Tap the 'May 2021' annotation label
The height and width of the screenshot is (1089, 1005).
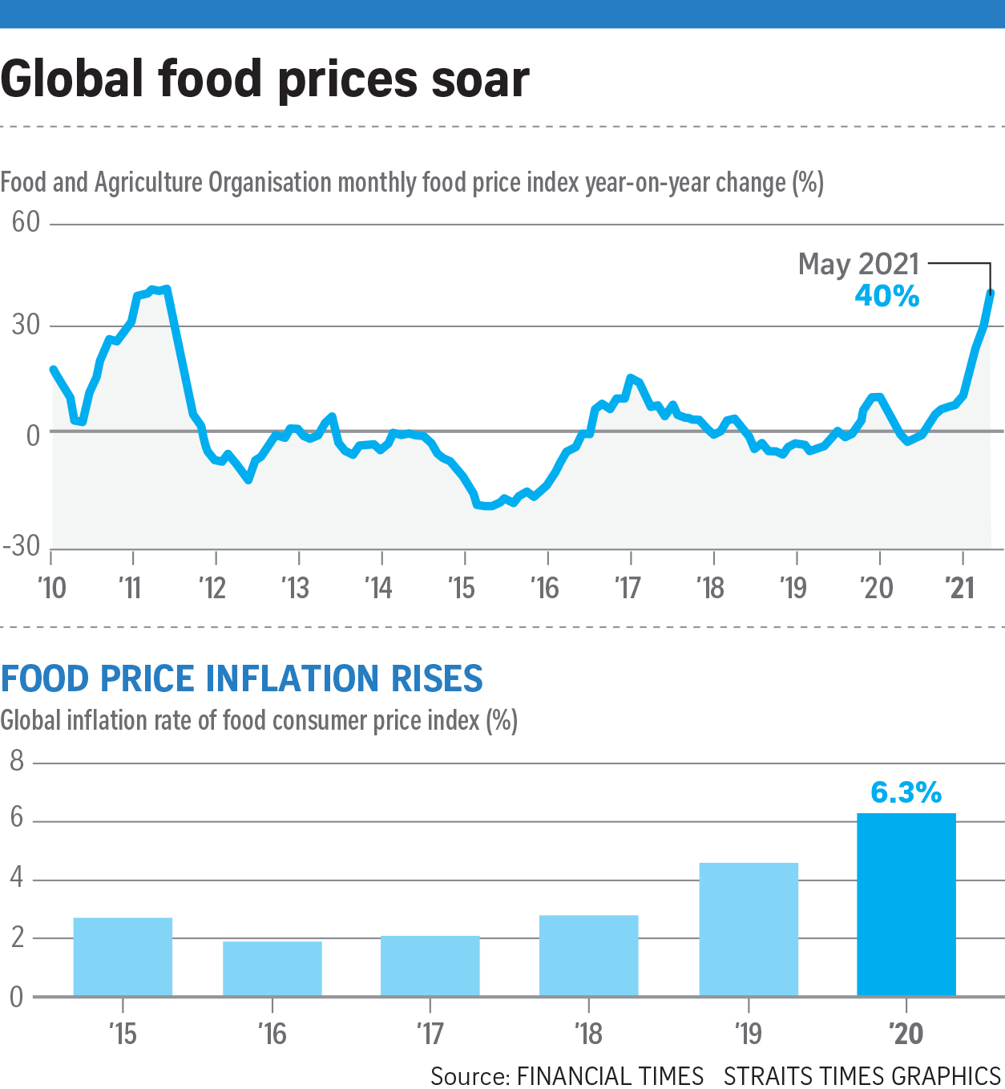[x=858, y=264]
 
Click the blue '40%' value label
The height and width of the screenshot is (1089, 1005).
[x=886, y=296]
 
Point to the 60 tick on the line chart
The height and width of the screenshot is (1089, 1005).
[x=26, y=222]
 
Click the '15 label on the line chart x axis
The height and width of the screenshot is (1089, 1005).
[x=462, y=589]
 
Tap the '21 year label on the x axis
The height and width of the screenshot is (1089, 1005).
[x=959, y=589]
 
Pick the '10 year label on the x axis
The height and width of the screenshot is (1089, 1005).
[x=52, y=589]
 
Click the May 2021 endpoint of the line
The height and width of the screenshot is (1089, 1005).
[x=991, y=294]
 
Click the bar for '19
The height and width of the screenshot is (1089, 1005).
[x=749, y=929]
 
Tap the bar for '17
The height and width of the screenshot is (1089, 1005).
[x=430, y=966]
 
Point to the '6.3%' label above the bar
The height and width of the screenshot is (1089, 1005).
[x=906, y=793]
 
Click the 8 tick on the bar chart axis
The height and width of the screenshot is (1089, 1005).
[x=17, y=761]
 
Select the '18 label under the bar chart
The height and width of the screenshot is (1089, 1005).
[x=589, y=1034]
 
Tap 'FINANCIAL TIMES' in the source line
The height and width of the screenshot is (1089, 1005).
[x=610, y=1075]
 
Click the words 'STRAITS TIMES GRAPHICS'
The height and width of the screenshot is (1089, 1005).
[x=862, y=1075]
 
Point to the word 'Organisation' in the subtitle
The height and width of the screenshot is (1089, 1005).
[x=270, y=183]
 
